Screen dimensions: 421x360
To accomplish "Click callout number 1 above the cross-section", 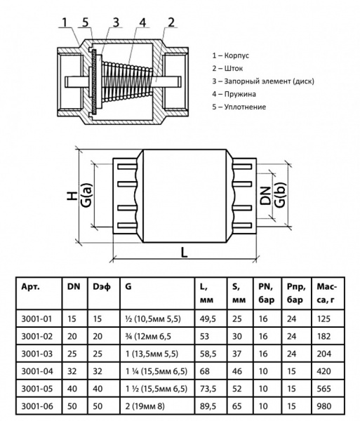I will tap(65, 22).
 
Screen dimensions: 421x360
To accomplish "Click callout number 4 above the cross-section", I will tap(142, 22).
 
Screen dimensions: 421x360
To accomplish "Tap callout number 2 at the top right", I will tap(171, 22).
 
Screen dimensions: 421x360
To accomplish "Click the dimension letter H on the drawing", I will tap(73, 198).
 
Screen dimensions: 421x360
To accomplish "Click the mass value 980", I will tap(324, 406).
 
